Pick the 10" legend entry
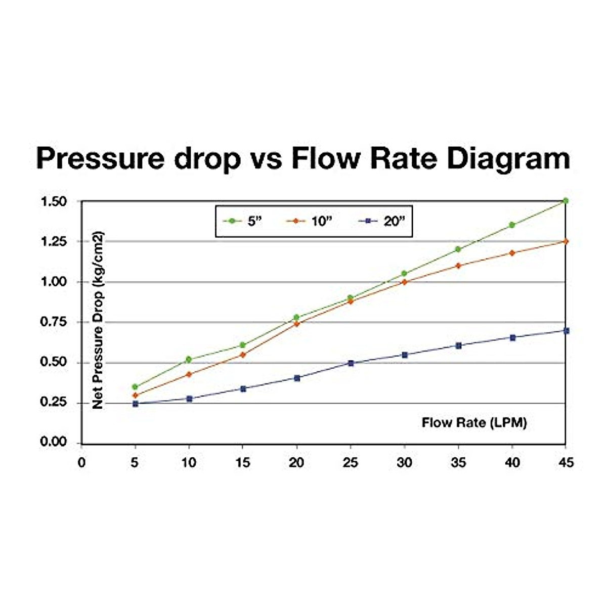tap(309, 221)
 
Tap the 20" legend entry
tap(382, 221)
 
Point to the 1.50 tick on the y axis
tap(53, 201)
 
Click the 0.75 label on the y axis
tap(53, 322)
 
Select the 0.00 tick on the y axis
tap(53, 442)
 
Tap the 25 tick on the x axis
tap(350, 462)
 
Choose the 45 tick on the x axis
tap(566, 462)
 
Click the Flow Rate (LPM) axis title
tap(474, 422)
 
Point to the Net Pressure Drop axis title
tap(98, 320)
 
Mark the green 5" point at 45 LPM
tap(566, 201)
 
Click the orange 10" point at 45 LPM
tap(566, 241)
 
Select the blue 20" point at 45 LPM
tap(566, 331)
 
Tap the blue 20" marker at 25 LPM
tap(351, 363)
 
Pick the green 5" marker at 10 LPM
tap(189, 360)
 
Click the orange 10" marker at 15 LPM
tap(243, 355)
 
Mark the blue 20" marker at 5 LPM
tap(135, 404)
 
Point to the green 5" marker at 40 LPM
tap(512, 225)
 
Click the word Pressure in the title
tap(100, 159)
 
